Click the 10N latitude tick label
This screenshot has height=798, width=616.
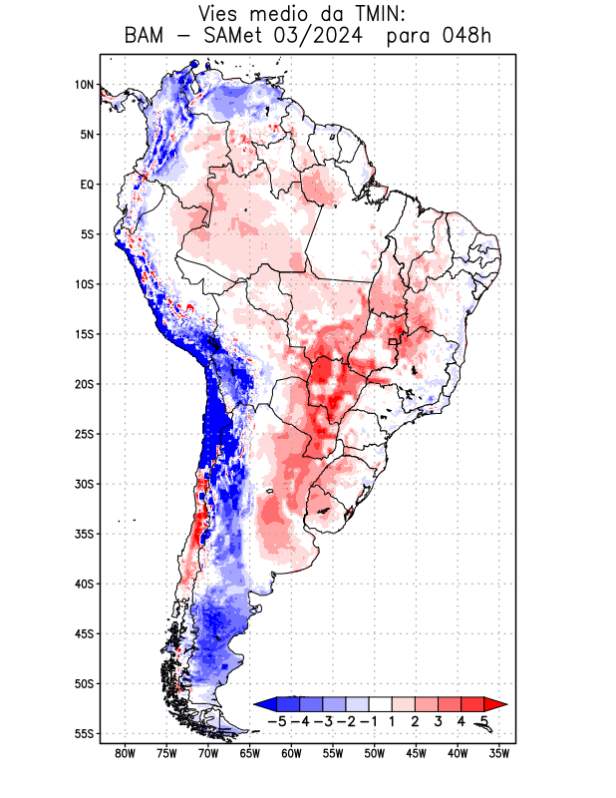pos(84,85)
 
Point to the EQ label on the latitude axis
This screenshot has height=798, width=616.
pos(86,185)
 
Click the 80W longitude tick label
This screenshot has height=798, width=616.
pos(125,753)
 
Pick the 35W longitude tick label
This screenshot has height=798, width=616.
pos(499,753)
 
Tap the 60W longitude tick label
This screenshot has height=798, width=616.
pos(291,753)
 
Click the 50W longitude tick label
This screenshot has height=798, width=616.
pos(375,753)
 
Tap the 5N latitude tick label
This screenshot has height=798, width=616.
pos(86,135)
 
